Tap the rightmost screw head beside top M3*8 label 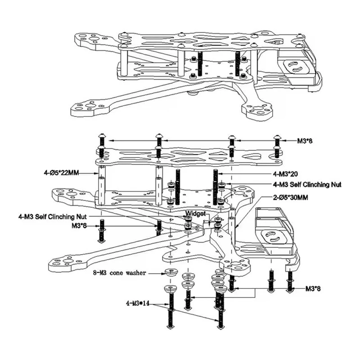[x=277, y=137]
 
